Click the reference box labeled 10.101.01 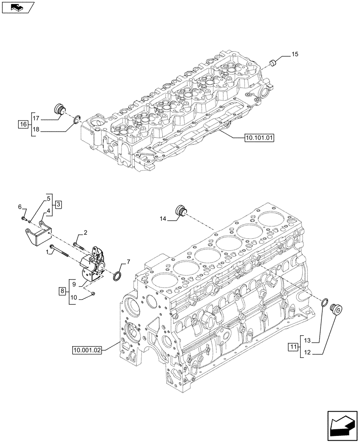coord(259,137)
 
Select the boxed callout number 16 coord(23,124)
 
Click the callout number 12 coord(308,353)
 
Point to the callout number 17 coord(36,118)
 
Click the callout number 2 coord(85,232)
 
